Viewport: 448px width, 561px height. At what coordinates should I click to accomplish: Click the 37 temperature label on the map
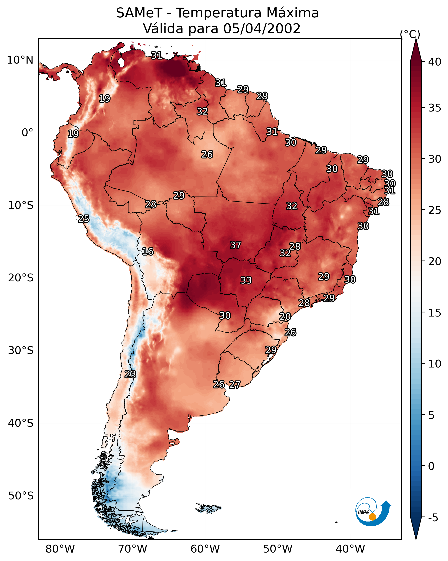click(236, 245)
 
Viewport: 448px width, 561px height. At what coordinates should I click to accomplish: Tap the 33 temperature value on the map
click(246, 280)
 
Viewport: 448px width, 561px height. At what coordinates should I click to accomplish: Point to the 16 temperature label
click(148, 251)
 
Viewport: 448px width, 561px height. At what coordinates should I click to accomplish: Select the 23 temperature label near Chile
click(130, 374)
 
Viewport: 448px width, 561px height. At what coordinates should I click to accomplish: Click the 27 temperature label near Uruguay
click(235, 385)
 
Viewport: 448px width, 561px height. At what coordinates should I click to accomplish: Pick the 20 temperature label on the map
click(285, 317)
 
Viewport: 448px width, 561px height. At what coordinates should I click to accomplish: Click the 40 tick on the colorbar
click(435, 62)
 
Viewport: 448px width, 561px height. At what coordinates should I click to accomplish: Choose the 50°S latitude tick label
click(21, 496)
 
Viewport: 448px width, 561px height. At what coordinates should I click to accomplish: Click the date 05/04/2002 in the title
click(262, 29)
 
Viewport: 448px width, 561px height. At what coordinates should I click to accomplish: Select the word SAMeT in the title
click(139, 13)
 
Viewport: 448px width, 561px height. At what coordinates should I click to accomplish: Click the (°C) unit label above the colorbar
click(410, 34)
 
